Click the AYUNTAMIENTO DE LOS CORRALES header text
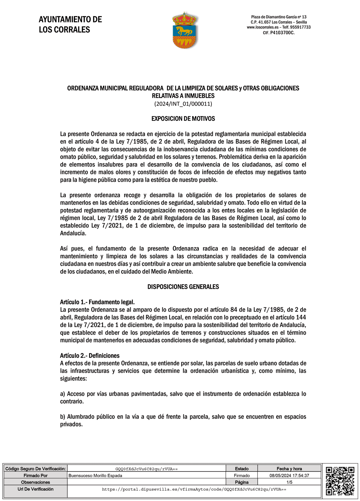pos(70,24)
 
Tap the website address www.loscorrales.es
pos(262,27)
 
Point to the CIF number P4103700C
pos(282,33)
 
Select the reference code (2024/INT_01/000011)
pos(183,104)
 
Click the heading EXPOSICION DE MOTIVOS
pos(183,119)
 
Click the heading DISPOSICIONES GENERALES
pos(183,287)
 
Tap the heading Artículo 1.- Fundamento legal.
pos(97,302)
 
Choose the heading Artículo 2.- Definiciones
pos(90,356)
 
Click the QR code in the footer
pos(340,481)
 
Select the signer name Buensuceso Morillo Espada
pos(95,476)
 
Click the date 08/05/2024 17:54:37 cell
pos(289,476)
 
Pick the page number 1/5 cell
pos(289,482)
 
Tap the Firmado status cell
pos(242,476)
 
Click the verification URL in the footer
pos(194,489)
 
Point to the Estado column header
pos(242,469)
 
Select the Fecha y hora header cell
pos(289,469)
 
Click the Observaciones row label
pos(35,482)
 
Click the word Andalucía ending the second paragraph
pos(73,233)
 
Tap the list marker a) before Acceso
pos(63,394)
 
